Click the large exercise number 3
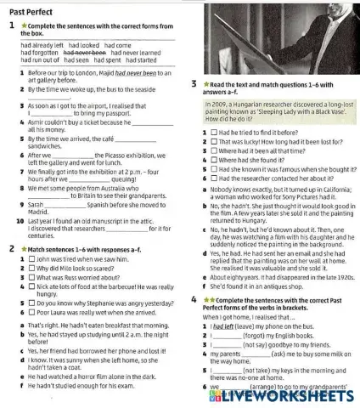pos(194,84)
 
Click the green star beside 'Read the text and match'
pos(205,84)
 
